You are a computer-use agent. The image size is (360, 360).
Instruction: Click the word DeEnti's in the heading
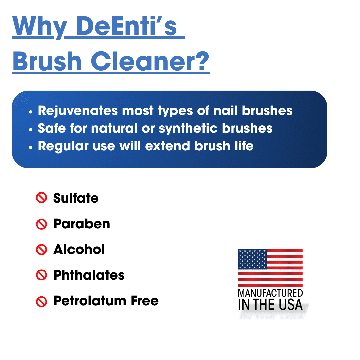coord(127,26)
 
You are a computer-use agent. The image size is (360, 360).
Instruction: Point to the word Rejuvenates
coord(78,111)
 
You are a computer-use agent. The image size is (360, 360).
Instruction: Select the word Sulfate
coord(76,198)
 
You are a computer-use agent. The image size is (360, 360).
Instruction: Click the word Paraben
coord(82,224)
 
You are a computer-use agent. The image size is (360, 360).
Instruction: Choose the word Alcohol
coord(79,250)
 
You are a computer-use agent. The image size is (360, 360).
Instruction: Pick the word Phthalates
coord(89,275)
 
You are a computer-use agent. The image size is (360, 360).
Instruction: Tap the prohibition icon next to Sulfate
coord(41,198)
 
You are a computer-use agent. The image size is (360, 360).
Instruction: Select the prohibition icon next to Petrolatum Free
coord(41,302)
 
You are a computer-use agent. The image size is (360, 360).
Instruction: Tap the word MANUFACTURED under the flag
coord(270,293)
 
